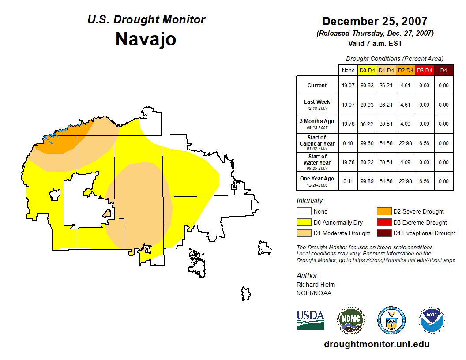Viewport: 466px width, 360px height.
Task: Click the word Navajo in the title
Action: tap(146, 39)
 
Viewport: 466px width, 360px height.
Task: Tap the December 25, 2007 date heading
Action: tap(375, 21)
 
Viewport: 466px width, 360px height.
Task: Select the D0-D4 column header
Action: tap(367, 71)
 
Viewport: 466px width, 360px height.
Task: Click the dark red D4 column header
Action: tap(443, 71)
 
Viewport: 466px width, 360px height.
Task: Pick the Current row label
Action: tap(317, 86)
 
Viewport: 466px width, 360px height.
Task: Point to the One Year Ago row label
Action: tap(317, 179)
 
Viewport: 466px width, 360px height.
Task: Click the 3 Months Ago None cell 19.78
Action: tap(348, 124)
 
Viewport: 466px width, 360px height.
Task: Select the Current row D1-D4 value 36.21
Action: tap(386, 86)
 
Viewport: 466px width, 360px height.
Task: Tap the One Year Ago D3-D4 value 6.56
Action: tap(424, 181)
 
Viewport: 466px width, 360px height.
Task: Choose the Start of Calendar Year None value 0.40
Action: tap(348, 143)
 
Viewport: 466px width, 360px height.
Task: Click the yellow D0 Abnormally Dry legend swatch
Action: tap(304, 222)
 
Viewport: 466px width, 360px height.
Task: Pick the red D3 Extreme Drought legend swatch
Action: tap(383, 222)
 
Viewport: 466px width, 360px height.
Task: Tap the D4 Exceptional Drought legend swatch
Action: tap(383, 233)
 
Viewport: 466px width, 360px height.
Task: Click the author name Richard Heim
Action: tap(316, 285)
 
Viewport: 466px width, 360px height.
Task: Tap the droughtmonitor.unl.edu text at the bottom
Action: tap(376, 344)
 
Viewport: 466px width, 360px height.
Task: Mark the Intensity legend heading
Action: tap(310, 201)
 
